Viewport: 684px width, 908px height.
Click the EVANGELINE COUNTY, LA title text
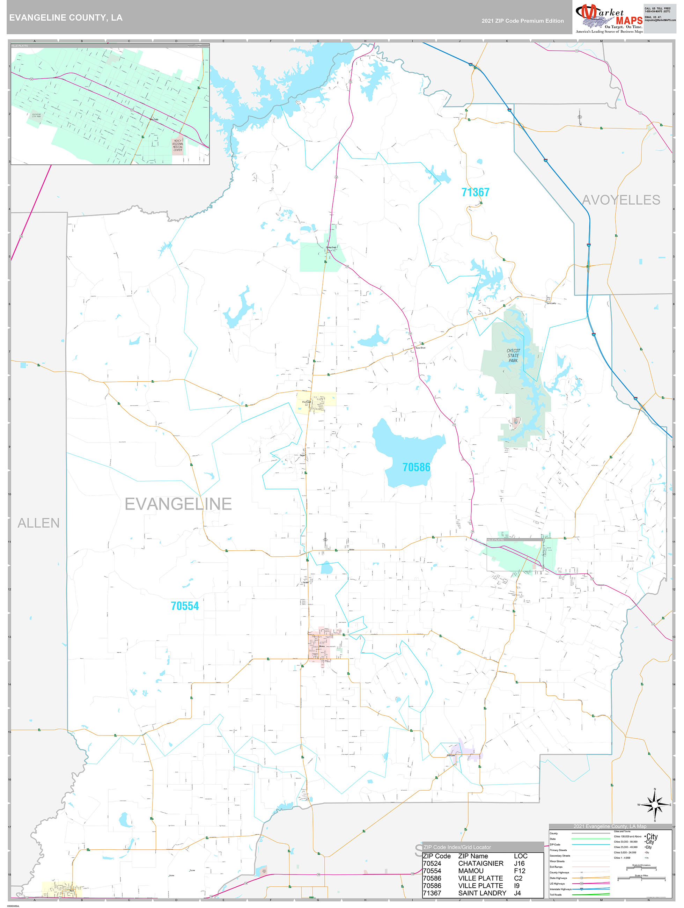(66, 18)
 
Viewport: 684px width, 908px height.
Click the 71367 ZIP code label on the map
(475, 192)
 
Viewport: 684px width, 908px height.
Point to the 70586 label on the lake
(416, 467)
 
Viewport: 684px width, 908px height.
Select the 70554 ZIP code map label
(185, 606)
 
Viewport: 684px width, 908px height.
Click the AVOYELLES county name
(621, 200)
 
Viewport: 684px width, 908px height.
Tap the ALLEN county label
(38, 523)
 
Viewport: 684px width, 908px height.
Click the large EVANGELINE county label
(178, 504)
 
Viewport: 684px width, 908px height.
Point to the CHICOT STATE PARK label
(513, 356)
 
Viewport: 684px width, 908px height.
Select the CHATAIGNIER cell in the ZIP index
(480, 863)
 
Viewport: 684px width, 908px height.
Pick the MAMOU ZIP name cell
(471, 871)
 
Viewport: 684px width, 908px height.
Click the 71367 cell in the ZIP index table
(432, 893)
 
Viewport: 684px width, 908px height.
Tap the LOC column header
(520, 856)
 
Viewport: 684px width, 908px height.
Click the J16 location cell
(519, 863)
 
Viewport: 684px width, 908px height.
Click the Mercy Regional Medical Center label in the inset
(178, 145)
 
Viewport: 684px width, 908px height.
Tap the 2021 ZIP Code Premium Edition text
(522, 21)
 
